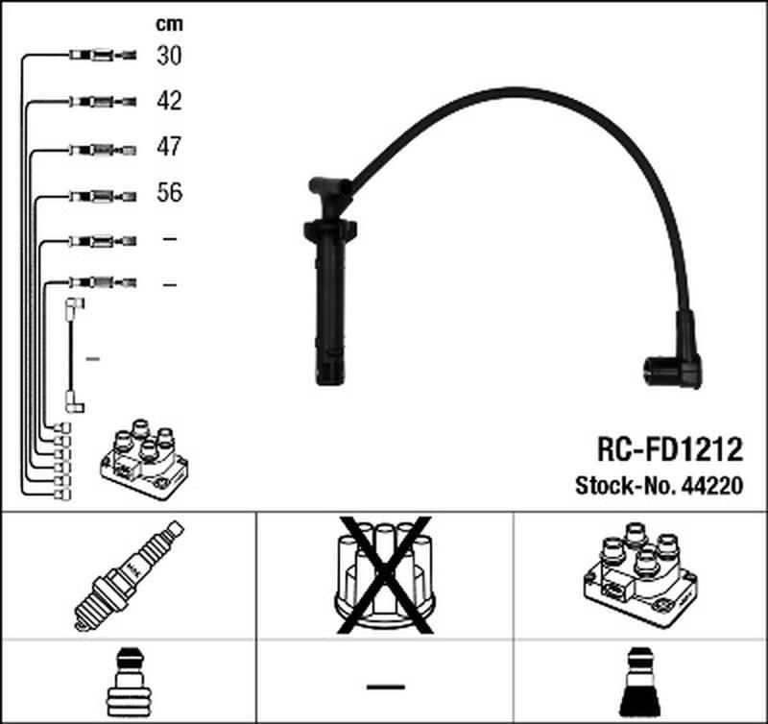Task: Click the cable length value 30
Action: [169, 57]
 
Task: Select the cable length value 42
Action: [169, 101]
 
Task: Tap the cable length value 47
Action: [169, 147]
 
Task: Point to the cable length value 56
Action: [169, 193]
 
